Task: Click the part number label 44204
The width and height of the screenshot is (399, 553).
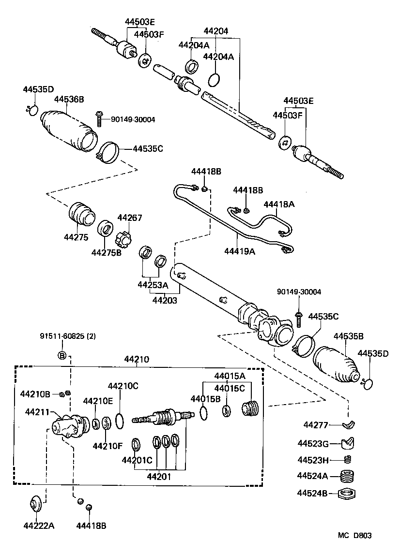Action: click(x=215, y=30)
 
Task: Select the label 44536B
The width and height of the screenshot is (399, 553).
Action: click(x=69, y=100)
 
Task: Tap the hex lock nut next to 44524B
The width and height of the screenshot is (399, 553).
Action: click(x=347, y=494)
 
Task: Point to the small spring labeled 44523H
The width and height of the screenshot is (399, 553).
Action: click(x=347, y=459)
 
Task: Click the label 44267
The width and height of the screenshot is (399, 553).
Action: click(x=130, y=218)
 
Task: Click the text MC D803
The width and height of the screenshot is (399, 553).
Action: click(x=354, y=535)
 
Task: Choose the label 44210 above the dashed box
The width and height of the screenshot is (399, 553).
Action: click(x=137, y=360)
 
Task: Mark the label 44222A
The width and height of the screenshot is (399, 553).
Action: click(x=39, y=525)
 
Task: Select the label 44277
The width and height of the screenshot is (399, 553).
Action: click(x=316, y=425)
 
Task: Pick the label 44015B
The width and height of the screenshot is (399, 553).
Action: click(x=205, y=398)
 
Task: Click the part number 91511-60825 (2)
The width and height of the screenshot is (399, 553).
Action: click(x=68, y=336)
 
